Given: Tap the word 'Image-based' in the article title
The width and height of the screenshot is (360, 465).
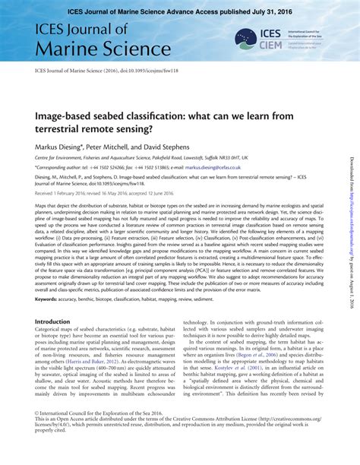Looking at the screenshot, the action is (69, 115).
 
